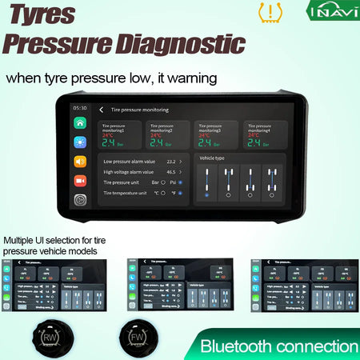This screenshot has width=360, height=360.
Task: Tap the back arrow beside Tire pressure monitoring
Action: [x=102, y=109]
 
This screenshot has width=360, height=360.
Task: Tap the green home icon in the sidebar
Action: [x=81, y=123]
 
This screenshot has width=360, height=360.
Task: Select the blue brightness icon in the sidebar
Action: [x=81, y=142]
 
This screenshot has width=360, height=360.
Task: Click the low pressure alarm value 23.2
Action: [x=170, y=162]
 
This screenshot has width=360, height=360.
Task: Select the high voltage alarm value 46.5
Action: [x=170, y=172]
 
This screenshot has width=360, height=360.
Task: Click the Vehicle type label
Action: [x=213, y=159]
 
